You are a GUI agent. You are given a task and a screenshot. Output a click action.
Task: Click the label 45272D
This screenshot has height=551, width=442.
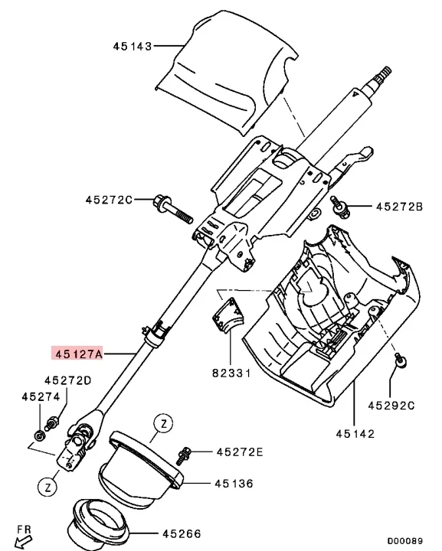[67, 380]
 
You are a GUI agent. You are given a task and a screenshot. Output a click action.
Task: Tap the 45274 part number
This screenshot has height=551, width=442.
[40, 396]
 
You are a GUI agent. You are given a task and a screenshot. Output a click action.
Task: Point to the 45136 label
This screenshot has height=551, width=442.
[234, 484]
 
